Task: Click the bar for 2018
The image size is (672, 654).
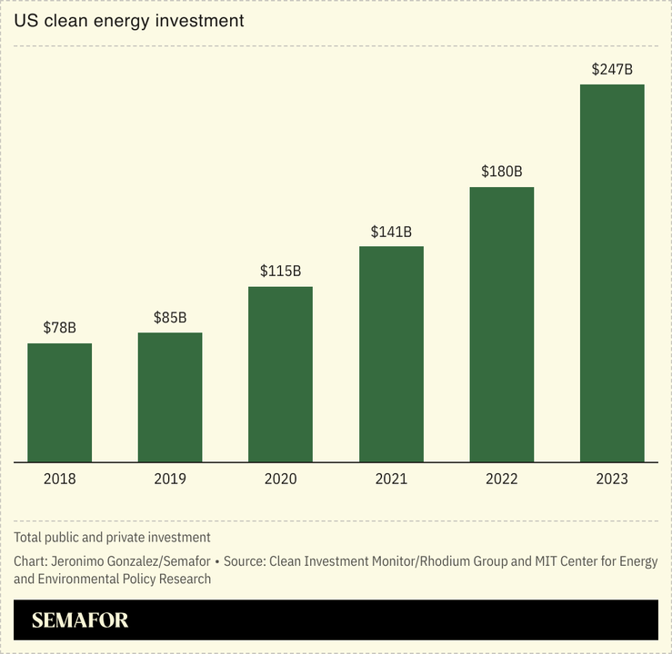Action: (59, 402)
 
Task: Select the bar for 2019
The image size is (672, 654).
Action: (170, 397)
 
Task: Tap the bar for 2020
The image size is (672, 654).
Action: (280, 374)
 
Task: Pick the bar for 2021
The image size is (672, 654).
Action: (391, 354)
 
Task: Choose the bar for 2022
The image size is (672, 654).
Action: (501, 324)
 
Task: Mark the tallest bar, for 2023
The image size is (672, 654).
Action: (612, 273)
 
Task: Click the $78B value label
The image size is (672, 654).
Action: (59, 327)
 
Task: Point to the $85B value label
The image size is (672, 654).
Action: (170, 317)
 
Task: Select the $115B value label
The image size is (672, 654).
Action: (280, 271)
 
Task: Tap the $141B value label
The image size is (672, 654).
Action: (391, 231)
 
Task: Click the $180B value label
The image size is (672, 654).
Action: (501, 171)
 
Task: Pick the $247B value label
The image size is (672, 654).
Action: (612, 68)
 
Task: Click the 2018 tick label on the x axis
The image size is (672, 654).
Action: (59, 479)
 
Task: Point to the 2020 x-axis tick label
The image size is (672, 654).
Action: (280, 479)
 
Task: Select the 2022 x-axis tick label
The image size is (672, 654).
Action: (501, 479)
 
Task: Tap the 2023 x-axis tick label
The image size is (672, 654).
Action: (612, 479)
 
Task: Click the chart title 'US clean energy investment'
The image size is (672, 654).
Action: (129, 20)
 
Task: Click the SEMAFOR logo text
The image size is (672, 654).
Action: (80, 620)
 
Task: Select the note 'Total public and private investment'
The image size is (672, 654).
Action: (112, 538)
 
